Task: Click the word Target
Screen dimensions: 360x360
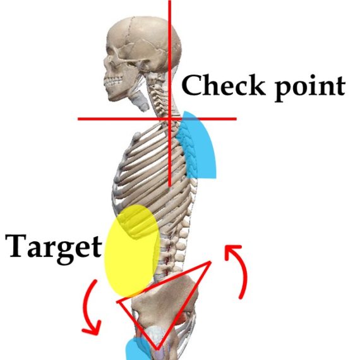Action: [53, 249]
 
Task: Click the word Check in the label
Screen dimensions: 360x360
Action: [222, 85]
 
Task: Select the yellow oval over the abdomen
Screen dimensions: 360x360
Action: [132, 250]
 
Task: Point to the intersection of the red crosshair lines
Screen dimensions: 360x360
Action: [170, 119]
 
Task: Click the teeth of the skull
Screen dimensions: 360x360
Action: [113, 81]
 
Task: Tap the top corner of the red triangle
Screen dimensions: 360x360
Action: [210, 261]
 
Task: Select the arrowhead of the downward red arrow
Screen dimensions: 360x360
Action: [92, 328]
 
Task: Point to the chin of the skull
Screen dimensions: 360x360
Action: [112, 97]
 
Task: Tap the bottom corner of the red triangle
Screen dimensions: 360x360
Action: [157, 349]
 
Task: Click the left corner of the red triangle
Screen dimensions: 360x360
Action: [117, 302]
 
